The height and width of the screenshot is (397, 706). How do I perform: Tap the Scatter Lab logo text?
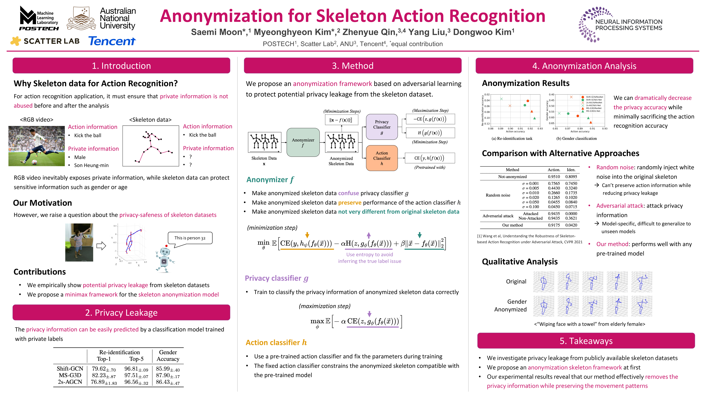52,41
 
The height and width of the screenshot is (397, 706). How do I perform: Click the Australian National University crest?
81,18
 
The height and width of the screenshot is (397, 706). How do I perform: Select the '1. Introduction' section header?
121,66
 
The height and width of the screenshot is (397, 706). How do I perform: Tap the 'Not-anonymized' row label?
512,177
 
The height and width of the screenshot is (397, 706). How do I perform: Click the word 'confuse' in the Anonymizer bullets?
348,193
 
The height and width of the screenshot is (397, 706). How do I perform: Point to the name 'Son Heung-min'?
91,165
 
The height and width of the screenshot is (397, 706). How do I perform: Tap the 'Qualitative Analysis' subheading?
520,262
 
